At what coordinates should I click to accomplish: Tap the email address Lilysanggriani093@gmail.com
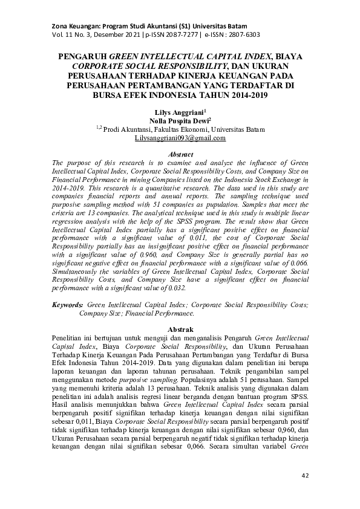click(180, 138)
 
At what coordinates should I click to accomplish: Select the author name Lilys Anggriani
click(178, 112)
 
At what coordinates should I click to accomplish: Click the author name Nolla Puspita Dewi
click(179, 121)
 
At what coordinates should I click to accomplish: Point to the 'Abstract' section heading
click(180, 155)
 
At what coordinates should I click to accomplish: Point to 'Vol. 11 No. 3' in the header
click(67, 18)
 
